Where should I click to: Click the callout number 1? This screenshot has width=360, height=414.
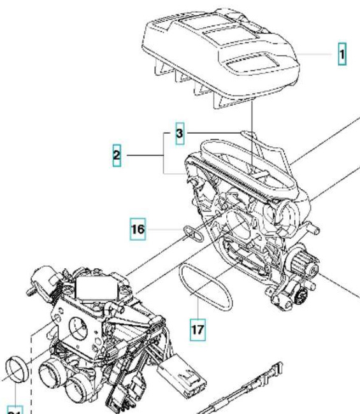[x=342, y=55]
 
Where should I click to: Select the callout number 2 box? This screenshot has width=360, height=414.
[x=117, y=155]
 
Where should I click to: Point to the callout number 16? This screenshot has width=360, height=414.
[x=138, y=228]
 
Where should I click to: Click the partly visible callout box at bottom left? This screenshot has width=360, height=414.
[x=15, y=409]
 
